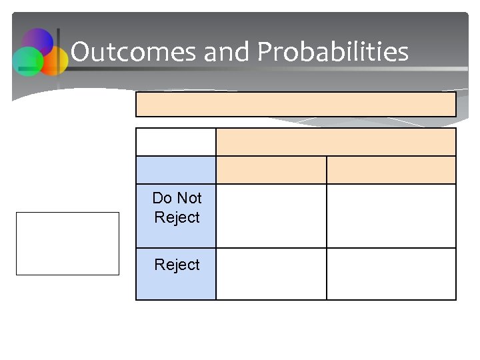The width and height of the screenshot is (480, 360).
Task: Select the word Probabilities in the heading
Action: pyautogui.click(x=333, y=51)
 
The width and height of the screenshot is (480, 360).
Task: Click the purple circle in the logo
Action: pyautogui.click(x=38, y=44)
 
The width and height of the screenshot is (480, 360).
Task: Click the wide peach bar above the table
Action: pyautogui.click(x=296, y=104)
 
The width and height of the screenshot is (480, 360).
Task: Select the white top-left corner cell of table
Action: pyautogui.click(x=176, y=142)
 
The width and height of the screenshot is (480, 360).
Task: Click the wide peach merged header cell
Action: pyautogui.click(x=336, y=142)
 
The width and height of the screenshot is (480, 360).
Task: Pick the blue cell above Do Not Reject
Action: pyautogui.click(x=176, y=170)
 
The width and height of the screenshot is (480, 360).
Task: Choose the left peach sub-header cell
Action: pyautogui.click(x=271, y=170)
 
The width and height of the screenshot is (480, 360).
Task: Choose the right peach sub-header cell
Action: pyautogui.click(x=391, y=170)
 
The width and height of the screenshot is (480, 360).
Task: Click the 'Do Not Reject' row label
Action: pyautogui.click(x=177, y=208)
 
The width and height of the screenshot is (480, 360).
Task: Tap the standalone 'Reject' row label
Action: pyautogui.click(x=177, y=265)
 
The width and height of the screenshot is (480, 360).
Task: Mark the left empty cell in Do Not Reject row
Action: pyautogui.click(x=271, y=215)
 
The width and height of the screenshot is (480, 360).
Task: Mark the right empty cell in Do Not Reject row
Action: pyautogui.click(x=391, y=215)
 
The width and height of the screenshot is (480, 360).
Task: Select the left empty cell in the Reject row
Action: pyautogui.click(x=271, y=274)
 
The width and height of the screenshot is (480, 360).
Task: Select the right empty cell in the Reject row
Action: pyautogui.click(x=391, y=274)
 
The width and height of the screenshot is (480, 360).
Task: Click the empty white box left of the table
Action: pyautogui.click(x=67, y=243)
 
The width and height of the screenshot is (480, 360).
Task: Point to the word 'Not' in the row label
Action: pyautogui.click(x=189, y=198)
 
